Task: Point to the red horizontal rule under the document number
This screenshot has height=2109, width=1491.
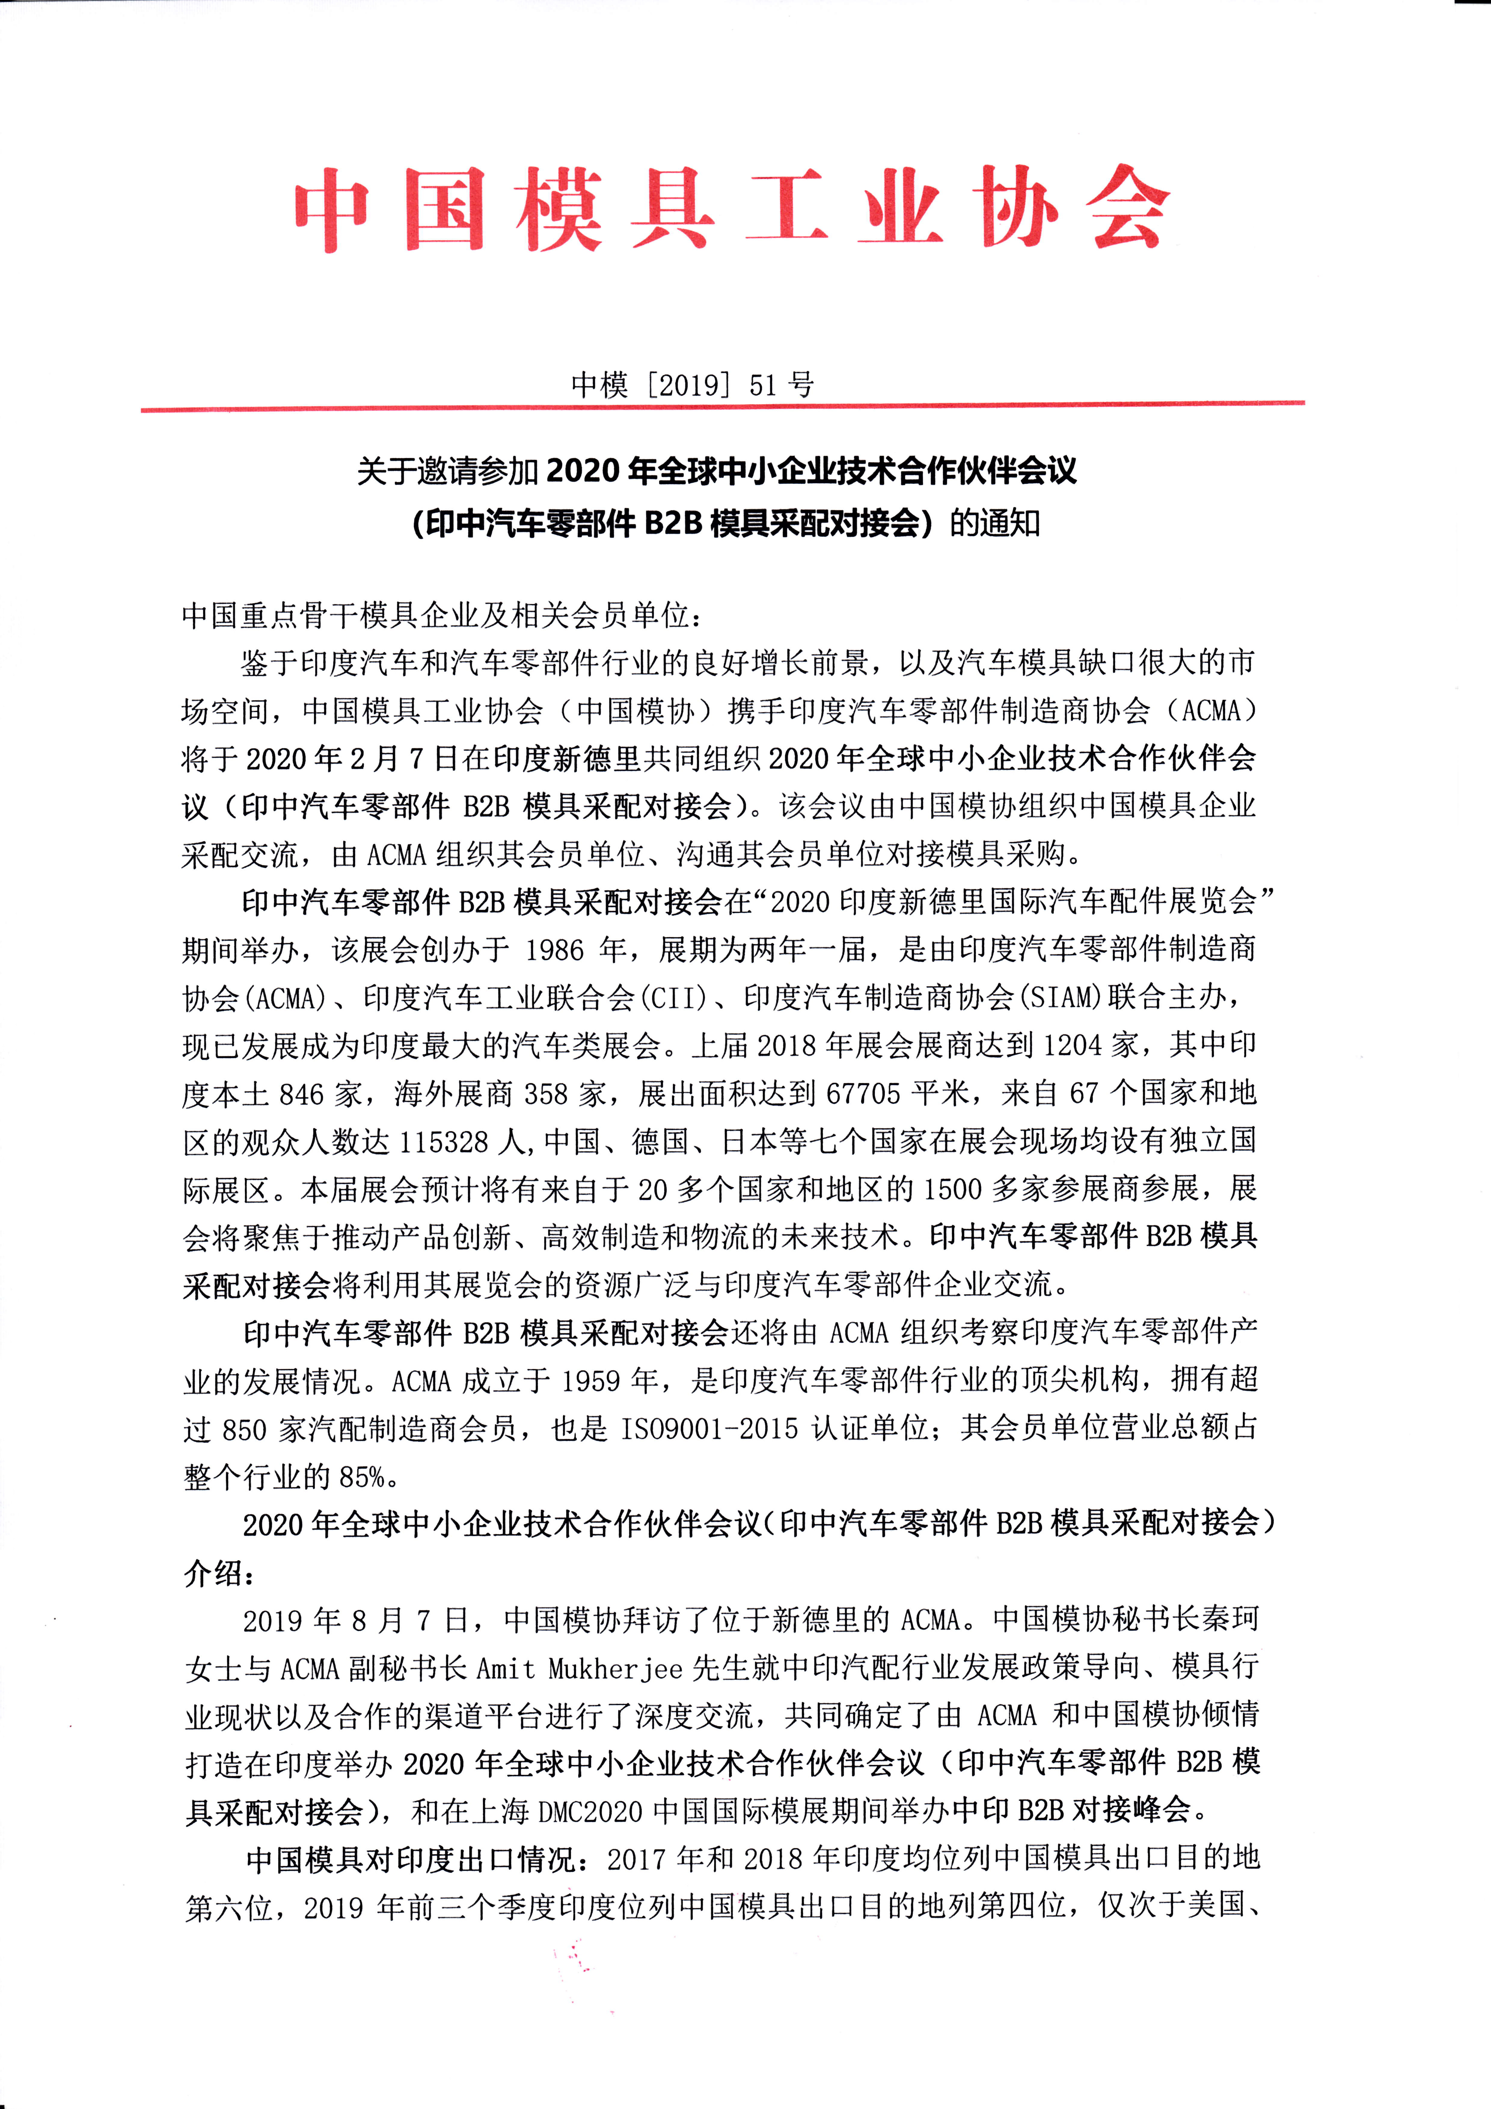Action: point(722,405)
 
